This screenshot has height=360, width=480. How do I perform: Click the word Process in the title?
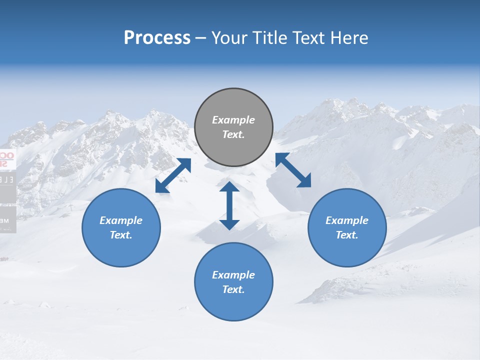point(157,38)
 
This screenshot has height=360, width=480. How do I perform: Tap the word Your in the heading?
point(230,38)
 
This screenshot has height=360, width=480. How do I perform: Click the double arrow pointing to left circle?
point(173,175)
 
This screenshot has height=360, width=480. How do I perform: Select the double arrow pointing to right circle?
point(293,170)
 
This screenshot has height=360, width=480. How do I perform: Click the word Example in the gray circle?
point(233,120)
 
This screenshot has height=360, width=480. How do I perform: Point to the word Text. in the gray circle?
point(233,134)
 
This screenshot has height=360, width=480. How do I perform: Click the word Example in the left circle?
point(121,220)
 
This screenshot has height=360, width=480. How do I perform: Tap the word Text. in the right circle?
point(347,235)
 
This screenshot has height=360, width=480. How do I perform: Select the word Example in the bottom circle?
point(233,275)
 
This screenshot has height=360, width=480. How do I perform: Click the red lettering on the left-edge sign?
point(6,159)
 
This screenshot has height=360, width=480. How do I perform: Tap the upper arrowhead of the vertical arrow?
point(229,187)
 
